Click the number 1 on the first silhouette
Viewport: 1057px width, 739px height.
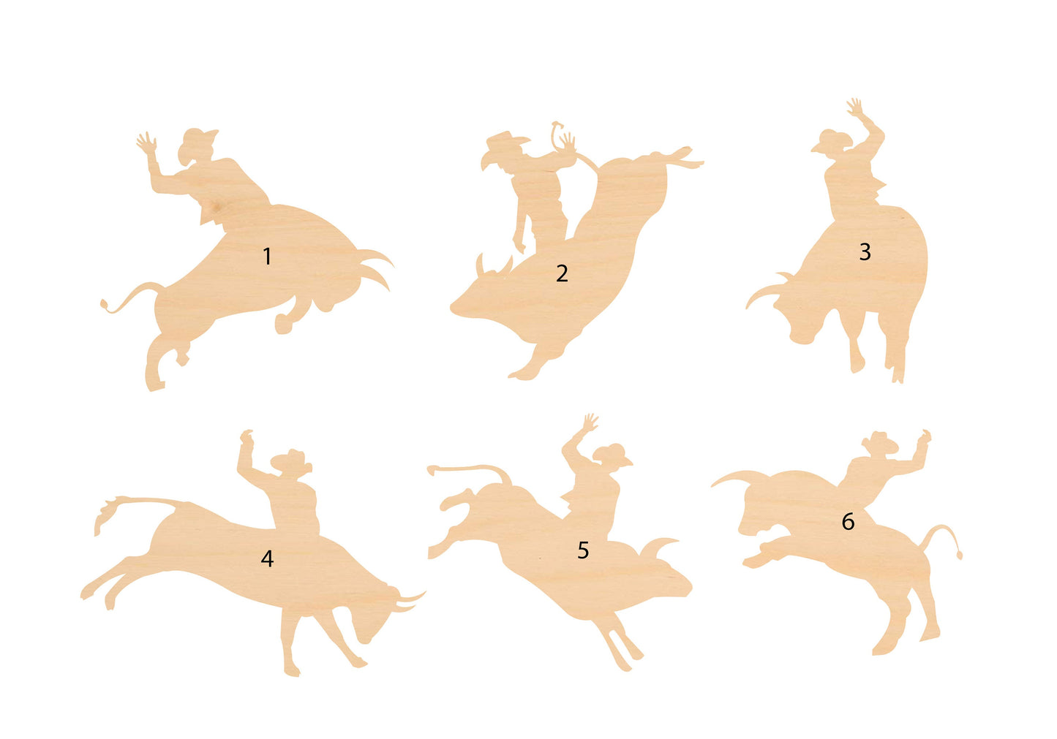click(x=267, y=257)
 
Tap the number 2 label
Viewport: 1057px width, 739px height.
click(x=562, y=273)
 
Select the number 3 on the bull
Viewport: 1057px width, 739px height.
click(x=865, y=252)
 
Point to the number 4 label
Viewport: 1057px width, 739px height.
click(x=267, y=559)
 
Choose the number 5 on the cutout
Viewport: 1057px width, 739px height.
click(x=583, y=550)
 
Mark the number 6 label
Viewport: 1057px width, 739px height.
click(x=848, y=522)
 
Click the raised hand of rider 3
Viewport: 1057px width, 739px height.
click(x=855, y=108)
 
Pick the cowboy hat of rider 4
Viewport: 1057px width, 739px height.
click(x=292, y=460)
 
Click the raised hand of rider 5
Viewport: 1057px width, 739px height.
click(x=589, y=422)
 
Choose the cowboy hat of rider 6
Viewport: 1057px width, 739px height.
click(x=880, y=440)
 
